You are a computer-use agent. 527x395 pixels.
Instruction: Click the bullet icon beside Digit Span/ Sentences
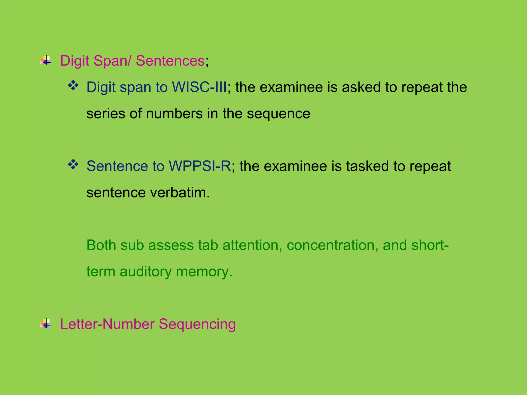coord(46,61)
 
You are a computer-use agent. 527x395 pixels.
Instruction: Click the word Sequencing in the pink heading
coord(197,325)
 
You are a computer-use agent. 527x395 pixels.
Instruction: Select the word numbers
coord(174,114)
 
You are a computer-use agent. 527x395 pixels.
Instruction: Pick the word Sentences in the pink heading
coord(170,61)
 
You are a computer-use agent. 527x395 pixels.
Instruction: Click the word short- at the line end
coord(430,245)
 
